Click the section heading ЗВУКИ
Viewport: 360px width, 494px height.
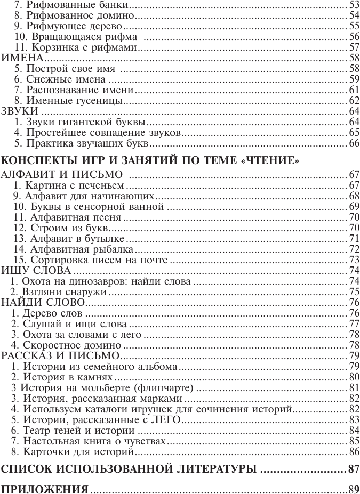pyautogui.click(x=20, y=111)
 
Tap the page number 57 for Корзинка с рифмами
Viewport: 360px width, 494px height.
pyautogui.click(x=354, y=48)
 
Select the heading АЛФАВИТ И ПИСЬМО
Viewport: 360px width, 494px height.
pyautogui.click(x=63, y=175)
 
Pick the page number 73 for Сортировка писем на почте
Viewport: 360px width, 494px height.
pyautogui.click(x=354, y=260)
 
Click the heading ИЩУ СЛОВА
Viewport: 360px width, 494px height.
pyautogui.click(x=36, y=271)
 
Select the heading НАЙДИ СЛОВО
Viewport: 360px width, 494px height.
pyautogui.click(x=44, y=303)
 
